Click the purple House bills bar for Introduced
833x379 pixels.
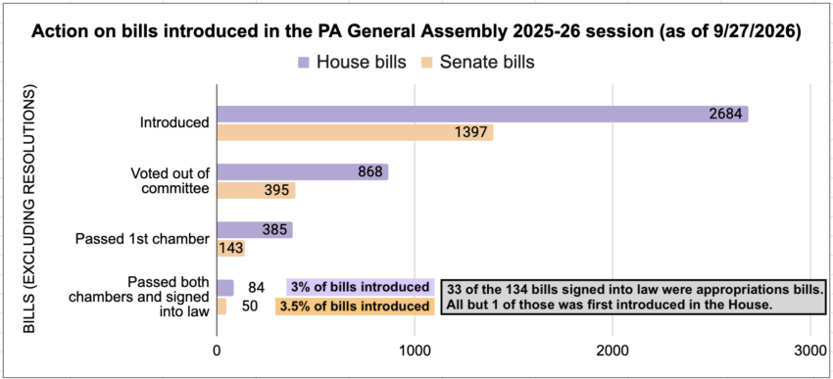[x=482, y=115]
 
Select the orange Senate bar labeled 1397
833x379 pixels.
[x=355, y=132]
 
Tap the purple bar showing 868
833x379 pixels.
[x=303, y=172]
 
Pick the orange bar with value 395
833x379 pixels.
[x=256, y=190]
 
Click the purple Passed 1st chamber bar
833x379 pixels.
[x=255, y=230]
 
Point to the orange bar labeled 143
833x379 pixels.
[x=231, y=248]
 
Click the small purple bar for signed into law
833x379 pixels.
[x=225, y=288]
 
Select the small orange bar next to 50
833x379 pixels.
[x=222, y=306]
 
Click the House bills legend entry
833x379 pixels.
[x=351, y=62]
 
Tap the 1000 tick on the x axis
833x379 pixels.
[x=415, y=351]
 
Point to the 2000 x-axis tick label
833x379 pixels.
[x=612, y=351]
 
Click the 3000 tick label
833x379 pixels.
[x=810, y=351]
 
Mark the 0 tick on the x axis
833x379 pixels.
[x=217, y=351]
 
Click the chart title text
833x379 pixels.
[x=416, y=31]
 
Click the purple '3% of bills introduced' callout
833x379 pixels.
[x=361, y=287]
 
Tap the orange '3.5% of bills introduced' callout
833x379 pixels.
[x=355, y=307]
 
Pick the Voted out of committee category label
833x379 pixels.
[x=170, y=181]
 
